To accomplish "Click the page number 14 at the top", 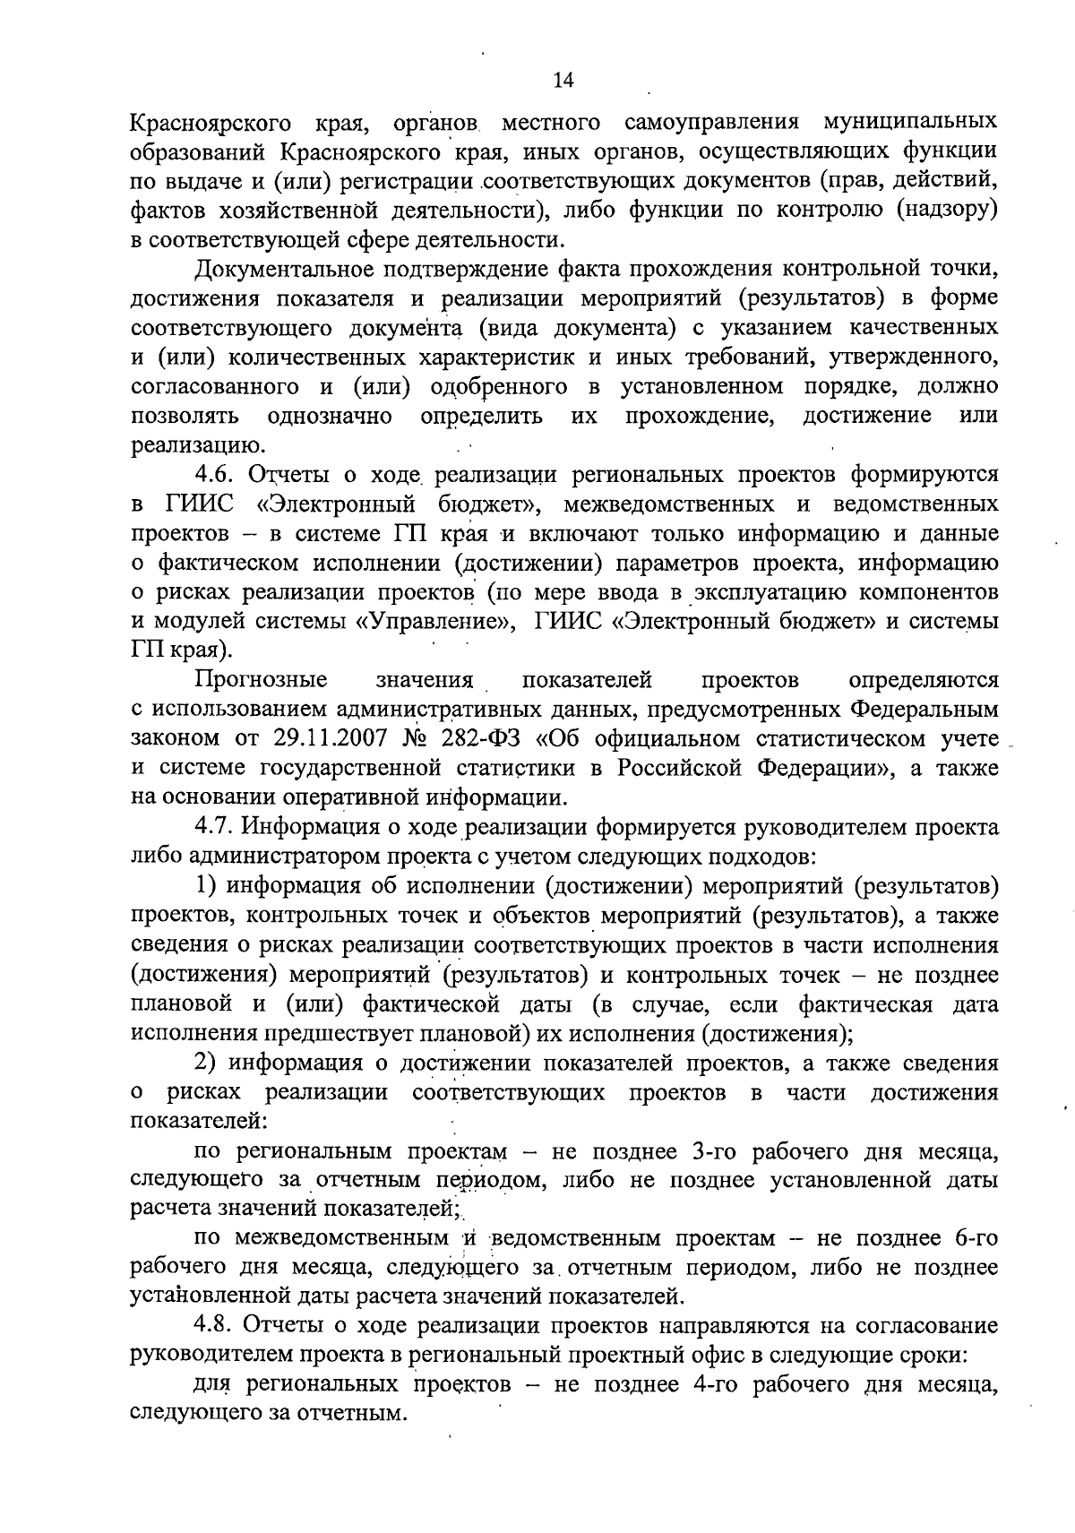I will coord(563,81).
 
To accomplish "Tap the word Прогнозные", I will coord(261,679).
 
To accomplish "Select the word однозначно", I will coord(330,416).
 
